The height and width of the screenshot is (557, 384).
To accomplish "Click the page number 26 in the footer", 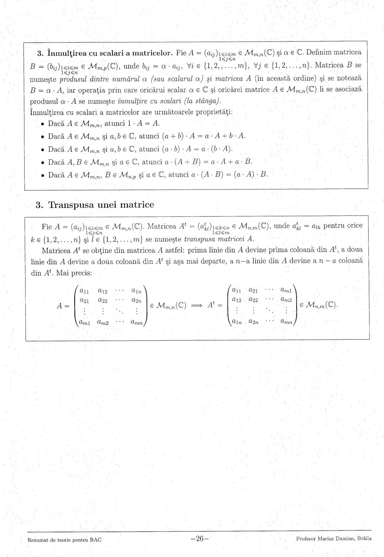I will point(199,539).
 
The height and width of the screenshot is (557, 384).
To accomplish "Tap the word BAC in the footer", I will point(95,540).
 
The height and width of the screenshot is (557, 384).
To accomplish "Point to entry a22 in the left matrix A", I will point(103,301).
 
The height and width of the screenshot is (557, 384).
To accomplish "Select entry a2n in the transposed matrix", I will point(254,322).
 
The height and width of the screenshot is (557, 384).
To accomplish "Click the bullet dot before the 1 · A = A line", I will point(42,124).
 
